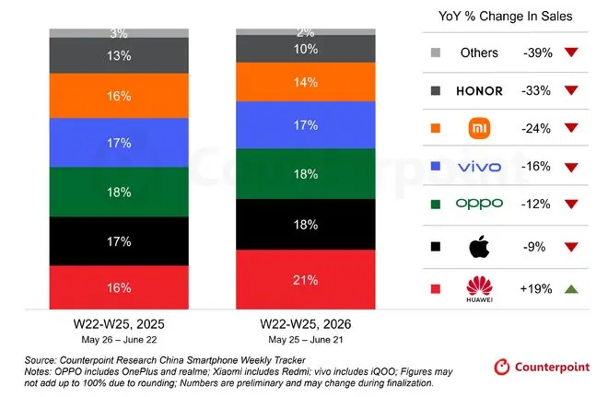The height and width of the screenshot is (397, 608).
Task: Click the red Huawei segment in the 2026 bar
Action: point(306,279)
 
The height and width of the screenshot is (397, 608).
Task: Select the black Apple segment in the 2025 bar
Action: point(119,241)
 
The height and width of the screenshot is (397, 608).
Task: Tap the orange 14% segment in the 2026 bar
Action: point(306,82)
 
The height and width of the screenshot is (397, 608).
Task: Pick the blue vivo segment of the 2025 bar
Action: point(119,143)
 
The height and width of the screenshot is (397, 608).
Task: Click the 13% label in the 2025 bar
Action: point(119,56)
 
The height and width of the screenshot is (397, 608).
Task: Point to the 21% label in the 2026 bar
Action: point(306,280)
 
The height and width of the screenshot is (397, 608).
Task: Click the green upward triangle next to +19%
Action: point(571,289)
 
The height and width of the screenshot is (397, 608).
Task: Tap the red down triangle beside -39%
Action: point(571,52)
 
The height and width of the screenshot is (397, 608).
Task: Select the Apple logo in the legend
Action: point(479,247)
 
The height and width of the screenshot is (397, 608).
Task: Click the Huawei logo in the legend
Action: point(479,289)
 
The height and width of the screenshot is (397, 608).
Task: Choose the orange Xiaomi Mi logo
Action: point(479,128)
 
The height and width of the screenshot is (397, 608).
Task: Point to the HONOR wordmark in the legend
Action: point(479,91)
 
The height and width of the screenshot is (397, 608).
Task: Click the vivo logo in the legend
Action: point(479,167)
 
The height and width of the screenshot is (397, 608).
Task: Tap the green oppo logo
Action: point(479,204)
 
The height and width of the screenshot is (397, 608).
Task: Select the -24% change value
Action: point(536,128)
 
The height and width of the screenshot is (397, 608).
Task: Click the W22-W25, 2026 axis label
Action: point(306,324)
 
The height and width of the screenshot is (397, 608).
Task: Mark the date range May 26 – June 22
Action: point(119,340)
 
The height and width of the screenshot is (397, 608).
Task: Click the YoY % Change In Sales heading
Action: point(505,17)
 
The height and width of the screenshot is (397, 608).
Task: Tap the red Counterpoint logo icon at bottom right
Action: point(501,367)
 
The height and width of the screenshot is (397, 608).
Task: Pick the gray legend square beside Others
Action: point(436,53)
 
